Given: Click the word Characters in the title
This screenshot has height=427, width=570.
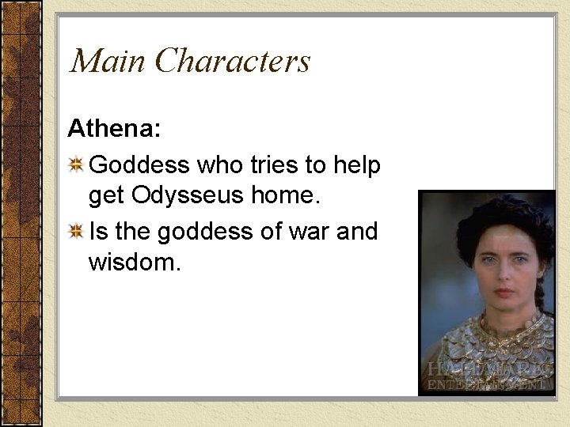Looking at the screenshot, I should (x=233, y=62).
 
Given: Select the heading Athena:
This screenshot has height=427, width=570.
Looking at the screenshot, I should (x=114, y=128).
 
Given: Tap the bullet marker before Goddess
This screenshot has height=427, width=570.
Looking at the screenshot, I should (x=77, y=165).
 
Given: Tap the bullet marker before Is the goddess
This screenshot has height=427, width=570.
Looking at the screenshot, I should (x=77, y=232).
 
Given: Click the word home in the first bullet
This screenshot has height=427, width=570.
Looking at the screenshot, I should (x=283, y=195).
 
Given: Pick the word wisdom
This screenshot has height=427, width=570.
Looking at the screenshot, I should (x=135, y=261).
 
